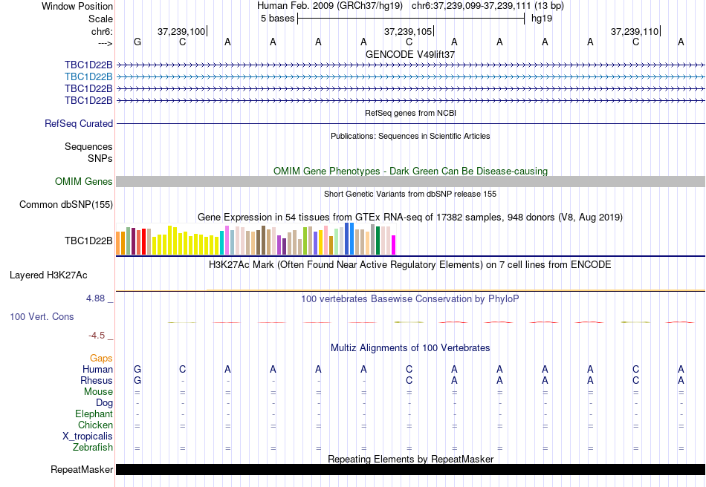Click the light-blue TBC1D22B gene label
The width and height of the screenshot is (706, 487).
point(88,76)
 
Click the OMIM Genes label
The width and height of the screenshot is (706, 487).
point(84,182)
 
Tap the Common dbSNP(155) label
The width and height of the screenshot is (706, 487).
point(66,205)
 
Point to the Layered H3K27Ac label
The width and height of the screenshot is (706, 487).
point(48,275)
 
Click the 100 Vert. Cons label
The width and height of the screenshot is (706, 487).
point(42,317)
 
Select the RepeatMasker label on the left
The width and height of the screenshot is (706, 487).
point(82,470)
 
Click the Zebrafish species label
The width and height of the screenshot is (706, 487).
point(93,448)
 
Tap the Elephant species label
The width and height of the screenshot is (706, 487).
point(94,414)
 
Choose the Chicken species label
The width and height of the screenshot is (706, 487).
point(95,425)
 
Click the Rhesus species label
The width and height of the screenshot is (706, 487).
point(97,381)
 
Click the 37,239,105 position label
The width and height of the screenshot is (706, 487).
point(407,32)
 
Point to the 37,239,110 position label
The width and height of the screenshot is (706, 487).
point(634,32)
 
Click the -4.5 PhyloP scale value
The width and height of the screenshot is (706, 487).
point(97,336)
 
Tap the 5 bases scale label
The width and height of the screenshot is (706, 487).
point(276,19)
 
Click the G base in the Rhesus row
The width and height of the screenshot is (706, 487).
point(137,381)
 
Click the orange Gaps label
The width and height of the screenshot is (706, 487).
point(101,359)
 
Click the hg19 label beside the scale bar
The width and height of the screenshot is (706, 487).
point(541,19)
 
